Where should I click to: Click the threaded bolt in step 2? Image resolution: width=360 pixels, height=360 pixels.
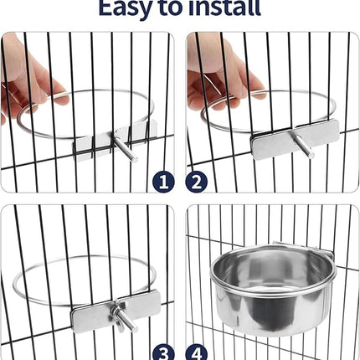click(x=300, y=144)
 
